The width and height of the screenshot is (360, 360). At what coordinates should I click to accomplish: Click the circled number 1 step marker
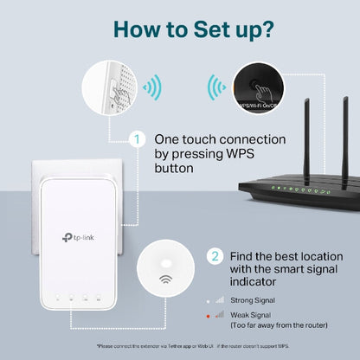click(135, 138)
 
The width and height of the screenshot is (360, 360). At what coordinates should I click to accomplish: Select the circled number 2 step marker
click(214, 256)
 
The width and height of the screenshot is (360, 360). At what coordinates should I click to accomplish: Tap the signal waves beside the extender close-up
click(152, 87)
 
